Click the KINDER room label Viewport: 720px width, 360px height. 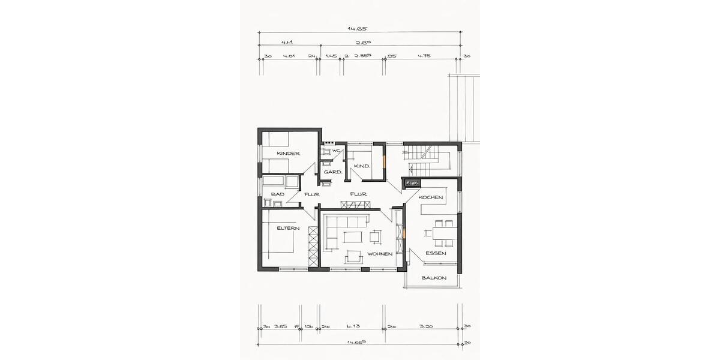pyautogui.click(x=288, y=154)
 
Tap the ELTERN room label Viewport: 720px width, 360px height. pyautogui.click(x=288, y=228)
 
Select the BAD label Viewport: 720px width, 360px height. pyautogui.click(x=277, y=194)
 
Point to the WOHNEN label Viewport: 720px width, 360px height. pyautogui.click(x=380, y=254)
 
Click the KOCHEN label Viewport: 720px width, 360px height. pyautogui.click(x=431, y=197)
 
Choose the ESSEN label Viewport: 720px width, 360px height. pyautogui.click(x=436, y=253)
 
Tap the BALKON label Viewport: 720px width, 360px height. pyautogui.click(x=433, y=278)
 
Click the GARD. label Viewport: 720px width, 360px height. pyautogui.click(x=332, y=172)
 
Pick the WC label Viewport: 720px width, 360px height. pyautogui.click(x=337, y=150)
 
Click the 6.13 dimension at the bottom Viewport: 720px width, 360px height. pyautogui.click(x=352, y=326)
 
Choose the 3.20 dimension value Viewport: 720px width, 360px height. pyautogui.click(x=425, y=326)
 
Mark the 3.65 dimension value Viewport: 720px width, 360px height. pyautogui.click(x=280, y=326)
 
